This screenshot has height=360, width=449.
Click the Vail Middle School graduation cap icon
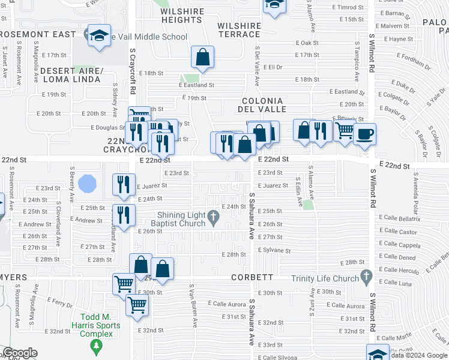[x=98, y=35]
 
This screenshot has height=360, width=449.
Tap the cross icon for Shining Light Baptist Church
[x=212, y=215]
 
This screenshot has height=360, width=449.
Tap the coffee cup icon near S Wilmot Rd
[x=364, y=134]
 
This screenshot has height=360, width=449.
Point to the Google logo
[x=20, y=353]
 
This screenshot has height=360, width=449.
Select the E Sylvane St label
[x=276, y=251]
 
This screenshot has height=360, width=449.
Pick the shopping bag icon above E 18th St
[x=203, y=58]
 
